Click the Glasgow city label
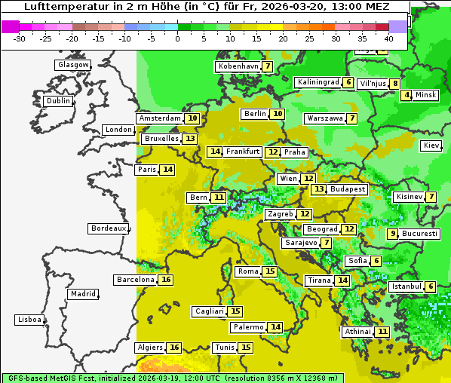point(72,65)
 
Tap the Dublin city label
point(57,101)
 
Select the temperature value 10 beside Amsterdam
point(192,118)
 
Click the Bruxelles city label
point(161,139)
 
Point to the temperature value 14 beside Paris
point(167,170)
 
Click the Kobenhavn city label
point(238,66)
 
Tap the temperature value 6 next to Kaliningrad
point(348,82)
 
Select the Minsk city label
point(426,95)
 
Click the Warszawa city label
point(324,118)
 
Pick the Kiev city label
point(431,146)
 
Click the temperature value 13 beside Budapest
point(320,189)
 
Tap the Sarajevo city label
point(301,243)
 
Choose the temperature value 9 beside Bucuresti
point(392,234)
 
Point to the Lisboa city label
point(29,320)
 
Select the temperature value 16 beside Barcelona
point(166,280)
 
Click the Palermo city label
point(248,327)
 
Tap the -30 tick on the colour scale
point(20,38)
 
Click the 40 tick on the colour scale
point(388,38)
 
